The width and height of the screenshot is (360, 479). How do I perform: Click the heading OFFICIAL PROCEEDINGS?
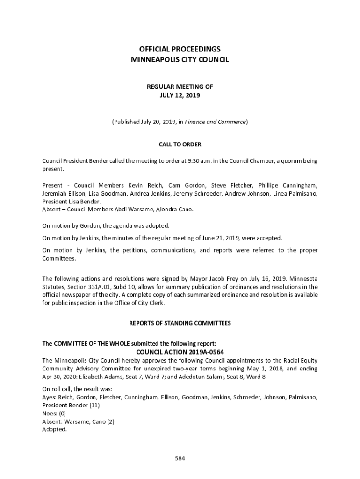[x=180, y=49]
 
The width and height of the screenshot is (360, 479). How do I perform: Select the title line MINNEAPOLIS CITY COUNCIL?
[x=180, y=59]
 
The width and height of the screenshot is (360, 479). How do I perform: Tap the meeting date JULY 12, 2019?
[x=180, y=95]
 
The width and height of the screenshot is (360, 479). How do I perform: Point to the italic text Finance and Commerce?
[x=216, y=122]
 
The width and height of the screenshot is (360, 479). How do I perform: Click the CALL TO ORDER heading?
[x=180, y=145]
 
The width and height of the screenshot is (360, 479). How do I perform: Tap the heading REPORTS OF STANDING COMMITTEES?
[x=180, y=323]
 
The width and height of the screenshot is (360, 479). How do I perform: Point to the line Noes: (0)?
[x=54, y=414]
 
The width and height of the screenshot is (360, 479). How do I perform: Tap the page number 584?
[x=180, y=458]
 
